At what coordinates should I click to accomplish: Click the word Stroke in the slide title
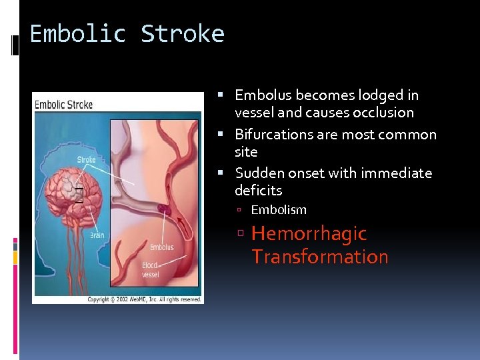[x=183, y=33]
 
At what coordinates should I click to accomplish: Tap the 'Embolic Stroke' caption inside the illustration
[x=64, y=105]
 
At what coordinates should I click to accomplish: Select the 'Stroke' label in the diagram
[x=87, y=159]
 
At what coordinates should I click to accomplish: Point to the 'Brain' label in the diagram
[x=97, y=235]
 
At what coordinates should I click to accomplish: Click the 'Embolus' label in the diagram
[x=161, y=247]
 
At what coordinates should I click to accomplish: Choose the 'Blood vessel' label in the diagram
[x=150, y=269]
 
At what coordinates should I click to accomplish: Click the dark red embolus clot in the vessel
[x=163, y=209]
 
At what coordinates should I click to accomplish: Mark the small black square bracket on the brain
[x=79, y=195]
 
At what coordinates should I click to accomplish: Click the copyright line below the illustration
[x=144, y=299]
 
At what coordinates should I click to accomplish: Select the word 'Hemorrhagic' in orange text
[x=309, y=233]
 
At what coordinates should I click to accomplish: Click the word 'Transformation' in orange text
[x=320, y=257]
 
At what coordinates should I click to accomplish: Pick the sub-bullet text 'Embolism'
[x=279, y=210]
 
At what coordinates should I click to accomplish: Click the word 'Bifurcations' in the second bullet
[x=274, y=135]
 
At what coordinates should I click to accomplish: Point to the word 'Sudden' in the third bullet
[x=259, y=173]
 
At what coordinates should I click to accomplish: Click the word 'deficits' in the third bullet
[x=258, y=191]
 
